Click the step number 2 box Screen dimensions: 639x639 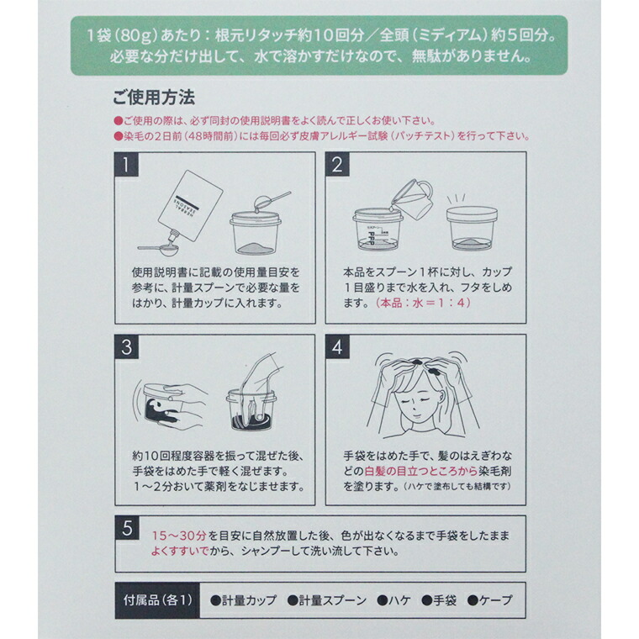pos(337,164)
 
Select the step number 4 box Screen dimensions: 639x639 pos(337,346)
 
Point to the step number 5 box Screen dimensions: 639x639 pos(126,528)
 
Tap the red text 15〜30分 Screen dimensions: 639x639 pos(178,536)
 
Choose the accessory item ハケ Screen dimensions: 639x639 pos(393,600)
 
